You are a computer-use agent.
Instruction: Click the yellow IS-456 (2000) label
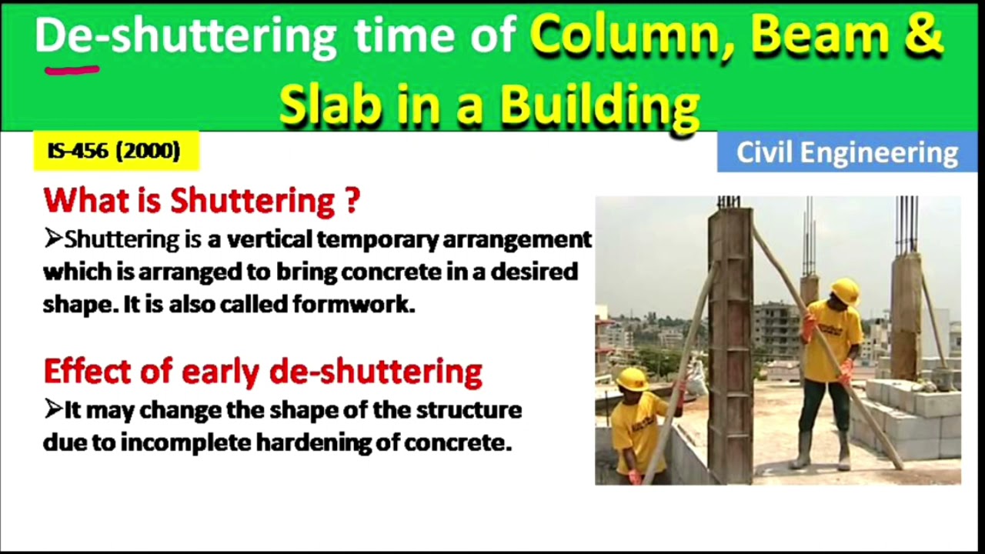(115, 151)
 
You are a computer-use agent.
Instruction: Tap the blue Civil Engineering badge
(846, 152)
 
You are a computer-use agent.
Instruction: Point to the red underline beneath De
(72, 70)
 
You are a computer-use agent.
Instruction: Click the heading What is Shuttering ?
(202, 200)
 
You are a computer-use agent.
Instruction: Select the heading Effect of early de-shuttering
(262, 371)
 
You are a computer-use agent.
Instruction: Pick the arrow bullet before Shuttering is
(52, 239)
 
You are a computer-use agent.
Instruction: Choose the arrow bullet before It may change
(52, 410)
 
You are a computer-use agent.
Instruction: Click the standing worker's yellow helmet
(845, 291)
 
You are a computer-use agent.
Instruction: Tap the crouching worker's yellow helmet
(632, 379)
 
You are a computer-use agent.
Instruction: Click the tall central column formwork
(730, 346)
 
